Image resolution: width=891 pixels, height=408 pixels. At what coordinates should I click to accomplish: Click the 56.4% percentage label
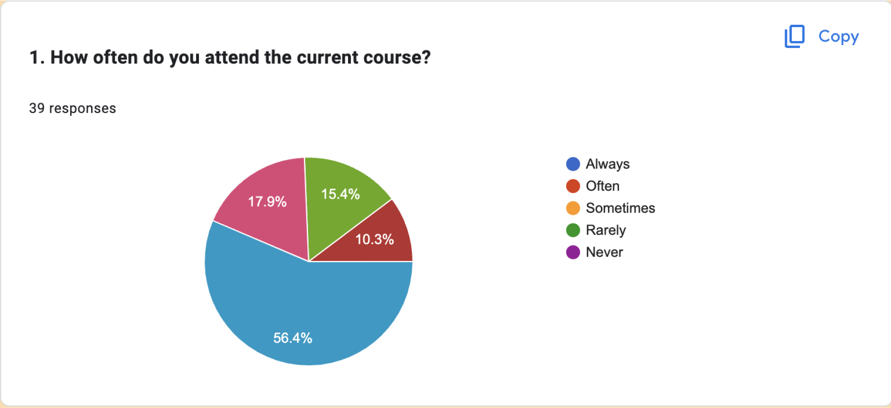(293, 338)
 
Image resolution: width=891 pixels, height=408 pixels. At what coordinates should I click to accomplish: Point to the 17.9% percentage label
(267, 202)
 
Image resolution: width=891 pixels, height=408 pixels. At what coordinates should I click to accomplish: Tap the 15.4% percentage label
(340, 194)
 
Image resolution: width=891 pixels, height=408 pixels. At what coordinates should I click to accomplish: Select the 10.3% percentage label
(374, 240)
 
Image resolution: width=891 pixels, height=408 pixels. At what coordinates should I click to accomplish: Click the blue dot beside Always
(573, 164)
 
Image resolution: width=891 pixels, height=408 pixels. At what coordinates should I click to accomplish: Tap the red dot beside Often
(573, 186)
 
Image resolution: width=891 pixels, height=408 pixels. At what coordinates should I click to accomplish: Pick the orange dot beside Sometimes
(573, 208)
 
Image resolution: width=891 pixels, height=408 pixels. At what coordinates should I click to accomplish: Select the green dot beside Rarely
(573, 230)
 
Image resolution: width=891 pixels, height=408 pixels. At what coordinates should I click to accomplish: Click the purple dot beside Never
(573, 252)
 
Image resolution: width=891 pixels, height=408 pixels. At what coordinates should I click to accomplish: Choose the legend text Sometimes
(620, 208)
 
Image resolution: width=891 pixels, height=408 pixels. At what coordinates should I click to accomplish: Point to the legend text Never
(604, 252)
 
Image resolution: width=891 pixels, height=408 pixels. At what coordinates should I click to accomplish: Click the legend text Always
(607, 164)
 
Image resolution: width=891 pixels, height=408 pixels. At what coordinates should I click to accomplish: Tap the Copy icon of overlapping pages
(794, 36)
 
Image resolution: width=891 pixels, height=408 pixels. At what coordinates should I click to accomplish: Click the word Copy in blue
(839, 37)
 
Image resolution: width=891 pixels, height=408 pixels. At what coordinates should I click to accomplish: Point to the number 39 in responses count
(37, 108)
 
